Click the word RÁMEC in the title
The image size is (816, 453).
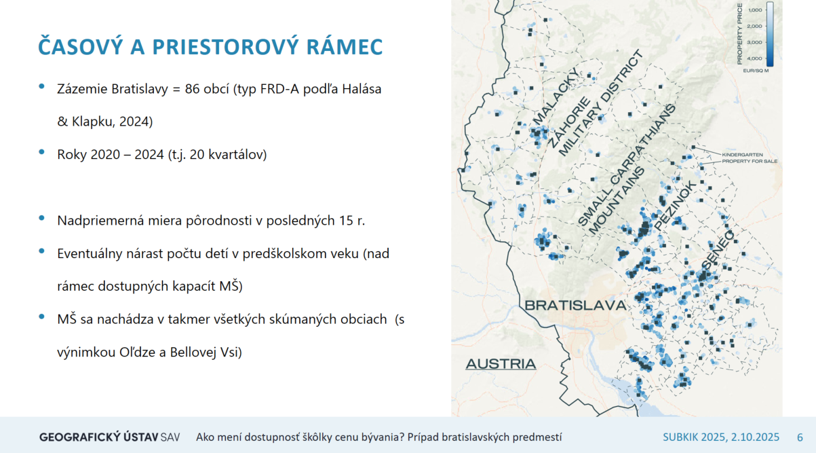pos(345,46)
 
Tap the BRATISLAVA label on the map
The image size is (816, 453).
pos(575,306)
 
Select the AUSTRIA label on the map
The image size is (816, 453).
pos(501,363)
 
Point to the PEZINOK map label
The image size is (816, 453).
pos(675,206)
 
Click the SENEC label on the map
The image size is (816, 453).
pos(719,251)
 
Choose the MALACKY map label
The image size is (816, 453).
pos(556,96)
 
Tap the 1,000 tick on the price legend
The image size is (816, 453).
pos(755,10)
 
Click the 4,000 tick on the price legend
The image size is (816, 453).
pos(755,58)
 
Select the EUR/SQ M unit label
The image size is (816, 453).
pos(756,71)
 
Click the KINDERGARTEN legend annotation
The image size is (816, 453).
pos(742,155)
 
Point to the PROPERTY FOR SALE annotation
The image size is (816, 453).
pos(750,161)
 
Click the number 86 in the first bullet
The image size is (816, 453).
pos(193,89)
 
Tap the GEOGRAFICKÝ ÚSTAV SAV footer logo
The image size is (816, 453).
pos(110,437)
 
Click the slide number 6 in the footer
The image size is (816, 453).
pos(800,437)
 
